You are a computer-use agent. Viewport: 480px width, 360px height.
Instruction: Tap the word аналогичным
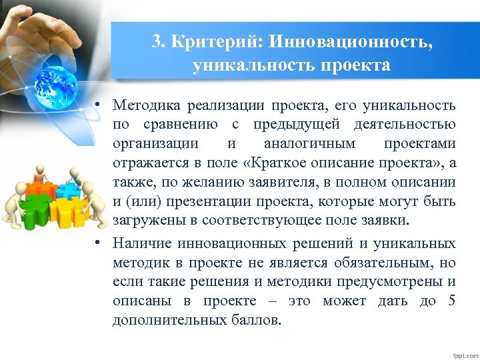[310, 143]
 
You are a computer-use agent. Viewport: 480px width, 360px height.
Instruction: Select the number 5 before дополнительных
[452, 301]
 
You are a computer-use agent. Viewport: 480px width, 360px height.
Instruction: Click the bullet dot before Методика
[97, 105]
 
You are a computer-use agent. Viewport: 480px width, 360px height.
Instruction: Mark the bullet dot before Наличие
[97, 243]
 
